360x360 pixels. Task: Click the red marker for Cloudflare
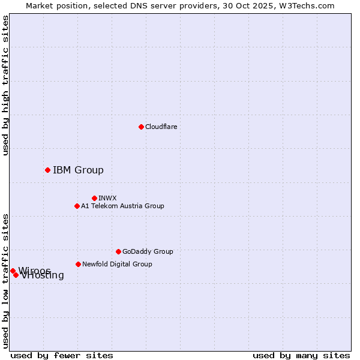pos(141,127)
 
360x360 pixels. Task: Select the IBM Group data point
pos(47,170)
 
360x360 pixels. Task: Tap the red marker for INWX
pos(94,198)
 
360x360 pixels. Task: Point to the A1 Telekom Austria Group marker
pos(77,206)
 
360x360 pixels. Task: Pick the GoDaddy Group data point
pos(118,251)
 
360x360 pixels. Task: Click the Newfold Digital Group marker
pos(78,264)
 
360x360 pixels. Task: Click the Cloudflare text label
pos(161,127)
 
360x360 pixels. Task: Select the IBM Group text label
pos(78,170)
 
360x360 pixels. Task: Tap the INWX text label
pos(107,198)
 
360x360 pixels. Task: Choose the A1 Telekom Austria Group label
pos(122,206)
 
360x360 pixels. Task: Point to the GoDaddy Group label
pos(148,251)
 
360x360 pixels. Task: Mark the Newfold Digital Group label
pos(117,264)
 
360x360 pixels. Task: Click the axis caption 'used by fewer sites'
pos(62,355)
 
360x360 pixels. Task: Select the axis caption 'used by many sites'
pos(301,355)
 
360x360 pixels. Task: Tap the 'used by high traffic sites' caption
pos(5,85)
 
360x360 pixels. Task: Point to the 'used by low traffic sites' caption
pos(5,281)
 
